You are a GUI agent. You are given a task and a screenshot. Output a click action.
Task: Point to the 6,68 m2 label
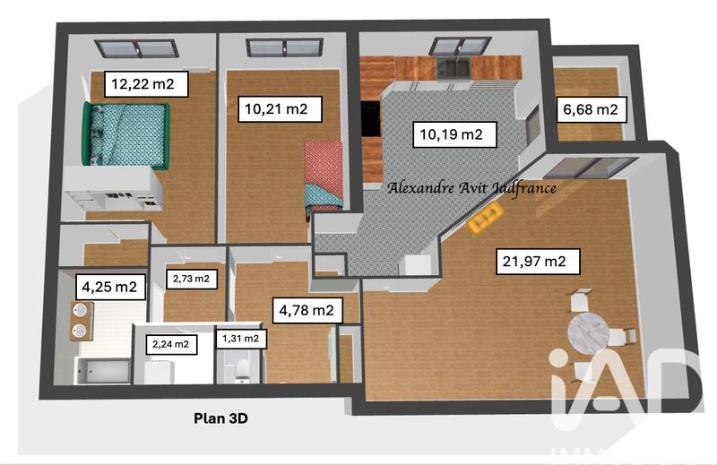click(x=590, y=110)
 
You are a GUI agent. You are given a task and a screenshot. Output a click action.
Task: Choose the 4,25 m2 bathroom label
click(x=109, y=288)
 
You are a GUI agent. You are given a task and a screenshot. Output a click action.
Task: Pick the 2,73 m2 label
click(x=191, y=279)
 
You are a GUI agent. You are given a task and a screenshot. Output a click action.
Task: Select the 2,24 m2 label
click(x=170, y=343)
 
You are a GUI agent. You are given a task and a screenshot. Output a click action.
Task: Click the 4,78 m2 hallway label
click(x=307, y=311)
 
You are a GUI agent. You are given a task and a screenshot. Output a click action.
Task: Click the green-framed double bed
click(x=126, y=134)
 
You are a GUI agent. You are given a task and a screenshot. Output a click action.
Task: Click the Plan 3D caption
click(x=220, y=417)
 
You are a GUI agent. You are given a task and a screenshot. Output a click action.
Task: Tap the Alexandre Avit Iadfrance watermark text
click(x=471, y=188)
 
